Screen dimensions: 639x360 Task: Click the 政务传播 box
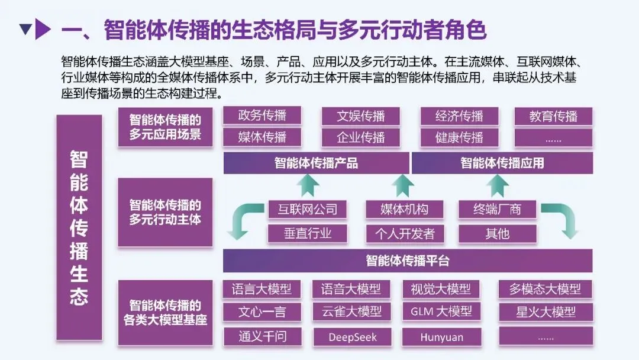click(262, 115)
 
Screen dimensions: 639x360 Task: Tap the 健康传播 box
click(459, 138)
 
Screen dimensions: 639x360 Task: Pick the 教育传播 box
click(553, 116)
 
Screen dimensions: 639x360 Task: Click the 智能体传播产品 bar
click(316, 163)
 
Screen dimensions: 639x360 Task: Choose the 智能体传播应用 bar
click(502, 163)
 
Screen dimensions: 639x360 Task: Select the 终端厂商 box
click(497, 209)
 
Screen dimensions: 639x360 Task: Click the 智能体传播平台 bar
click(408, 261)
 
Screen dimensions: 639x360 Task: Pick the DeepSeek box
click(353, 337)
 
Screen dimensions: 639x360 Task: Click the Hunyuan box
click(442, 337)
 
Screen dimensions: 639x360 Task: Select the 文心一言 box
click(262, 311)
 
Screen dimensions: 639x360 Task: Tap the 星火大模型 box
click(545, 311)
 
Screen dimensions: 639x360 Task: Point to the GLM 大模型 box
click(441, 311)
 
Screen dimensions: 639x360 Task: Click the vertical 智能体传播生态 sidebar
click(79, 228)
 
